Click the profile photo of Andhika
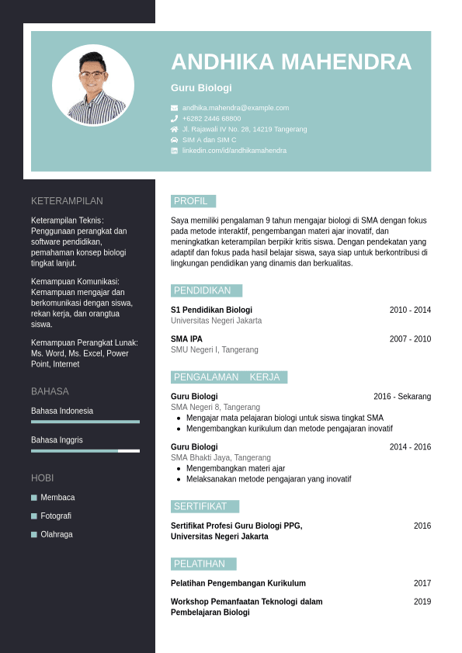[93, 85]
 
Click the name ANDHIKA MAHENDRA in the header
[291, 62]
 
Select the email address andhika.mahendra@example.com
[235, 108]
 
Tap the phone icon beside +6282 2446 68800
[175, 119]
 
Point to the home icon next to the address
[175, 129]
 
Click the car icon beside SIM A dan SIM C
[175, 140]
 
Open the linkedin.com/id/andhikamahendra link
[234, 151]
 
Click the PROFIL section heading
[193, 201]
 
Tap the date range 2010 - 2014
[410, 310]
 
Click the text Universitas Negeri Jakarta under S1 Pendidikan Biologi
[216, 321]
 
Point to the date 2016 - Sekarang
[402, 397]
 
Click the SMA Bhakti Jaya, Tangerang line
[221, 458]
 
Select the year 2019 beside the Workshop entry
[422, 602]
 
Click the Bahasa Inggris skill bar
[85, 450]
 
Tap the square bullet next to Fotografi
[34, 516]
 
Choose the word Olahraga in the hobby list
[57, 534]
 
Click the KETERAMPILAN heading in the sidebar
[67, 201]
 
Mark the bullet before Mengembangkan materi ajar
[179, 469]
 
